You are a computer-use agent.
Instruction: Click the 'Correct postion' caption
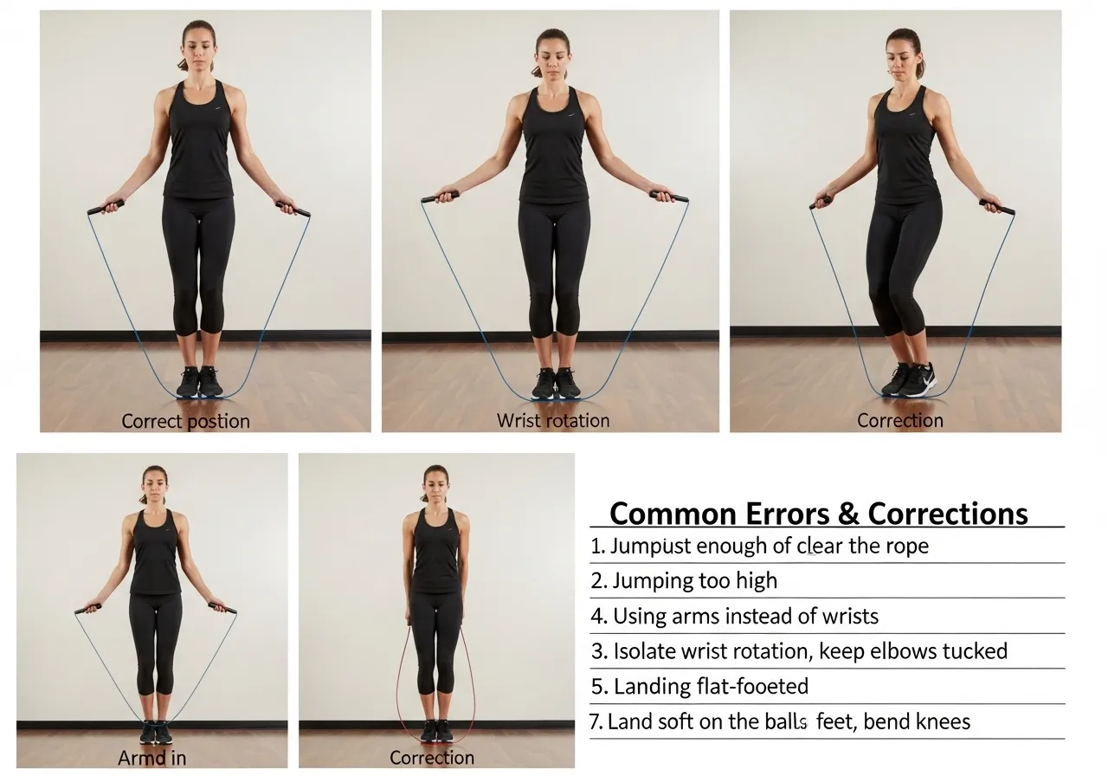coord(185,422)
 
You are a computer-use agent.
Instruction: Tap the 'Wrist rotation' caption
coord(553,421)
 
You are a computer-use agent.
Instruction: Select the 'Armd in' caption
coord(151,758)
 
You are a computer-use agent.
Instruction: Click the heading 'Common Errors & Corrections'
coord(818,514)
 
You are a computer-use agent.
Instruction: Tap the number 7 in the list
coord(596,721)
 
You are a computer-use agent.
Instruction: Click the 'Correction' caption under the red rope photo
coord(432,758)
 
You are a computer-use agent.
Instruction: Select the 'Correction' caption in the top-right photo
coord(899,421)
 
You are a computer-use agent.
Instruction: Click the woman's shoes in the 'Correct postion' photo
coord(199,382)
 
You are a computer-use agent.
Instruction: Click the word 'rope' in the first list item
coord(904,546)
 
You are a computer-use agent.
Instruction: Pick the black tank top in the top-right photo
coord(905,152)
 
